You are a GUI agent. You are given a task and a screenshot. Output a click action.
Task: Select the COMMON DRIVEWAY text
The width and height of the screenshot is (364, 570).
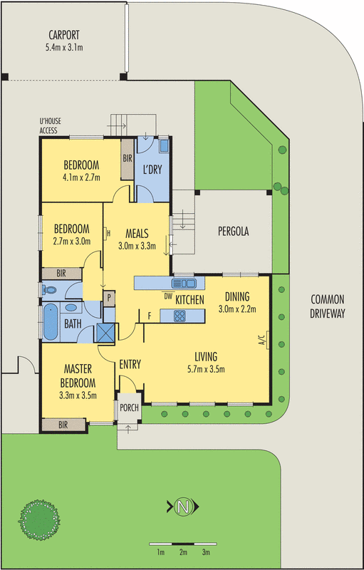pos(328,307)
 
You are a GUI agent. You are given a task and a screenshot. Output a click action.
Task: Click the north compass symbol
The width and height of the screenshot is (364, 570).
pos(183,507)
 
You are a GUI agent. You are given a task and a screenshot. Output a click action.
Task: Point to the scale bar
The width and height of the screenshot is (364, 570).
pos(183,544)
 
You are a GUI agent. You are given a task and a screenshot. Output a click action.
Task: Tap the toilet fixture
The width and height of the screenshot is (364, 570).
pos(49,290)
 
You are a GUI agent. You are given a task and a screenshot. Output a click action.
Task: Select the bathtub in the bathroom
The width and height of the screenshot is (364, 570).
pos(51,322)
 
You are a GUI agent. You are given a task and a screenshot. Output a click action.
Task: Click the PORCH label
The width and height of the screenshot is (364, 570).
pos(129,408)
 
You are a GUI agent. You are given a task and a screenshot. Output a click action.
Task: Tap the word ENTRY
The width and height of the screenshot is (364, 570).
pos(130,364)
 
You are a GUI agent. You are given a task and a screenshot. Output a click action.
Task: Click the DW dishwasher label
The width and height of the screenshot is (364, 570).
pos(168,296)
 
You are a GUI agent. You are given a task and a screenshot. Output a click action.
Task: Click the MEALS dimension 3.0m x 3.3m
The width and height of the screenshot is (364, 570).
pos(136,247)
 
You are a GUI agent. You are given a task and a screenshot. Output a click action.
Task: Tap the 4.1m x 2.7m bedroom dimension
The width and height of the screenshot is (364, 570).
pos(81,176)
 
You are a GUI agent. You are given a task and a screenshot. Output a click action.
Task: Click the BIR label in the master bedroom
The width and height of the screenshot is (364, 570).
pos(63,425)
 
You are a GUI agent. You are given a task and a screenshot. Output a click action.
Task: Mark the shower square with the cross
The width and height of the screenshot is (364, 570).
pos(107,333)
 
